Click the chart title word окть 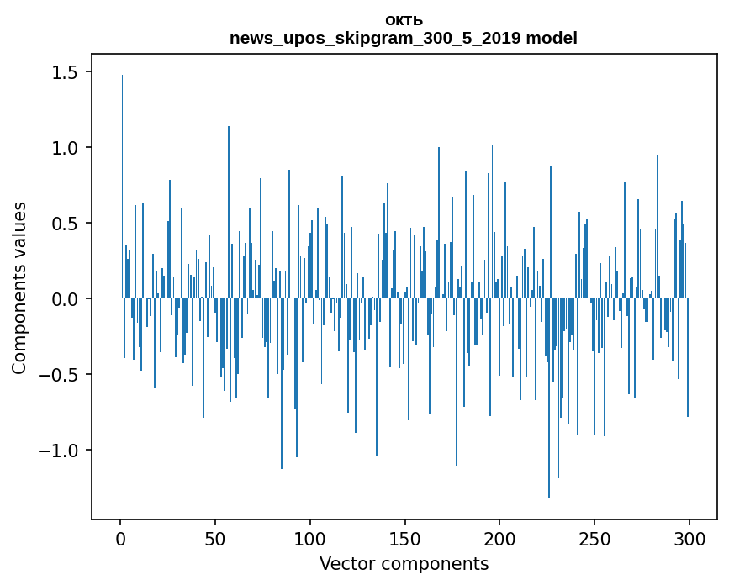404,20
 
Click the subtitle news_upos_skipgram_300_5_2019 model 404,38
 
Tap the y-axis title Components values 19,287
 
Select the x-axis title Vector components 404,563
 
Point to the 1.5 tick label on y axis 65,72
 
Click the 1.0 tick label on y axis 65,148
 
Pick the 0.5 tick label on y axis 65,224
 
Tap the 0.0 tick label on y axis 65,299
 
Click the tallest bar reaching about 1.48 122,185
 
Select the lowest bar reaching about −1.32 549,399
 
